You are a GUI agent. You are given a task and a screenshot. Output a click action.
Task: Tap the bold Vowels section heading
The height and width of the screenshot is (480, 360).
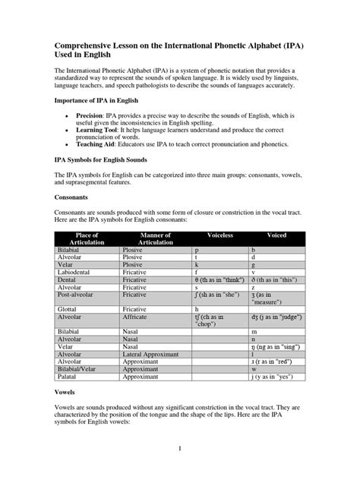tap(67, 394)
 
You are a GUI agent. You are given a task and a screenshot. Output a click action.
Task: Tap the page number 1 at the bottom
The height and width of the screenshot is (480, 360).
tap(180, 448)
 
